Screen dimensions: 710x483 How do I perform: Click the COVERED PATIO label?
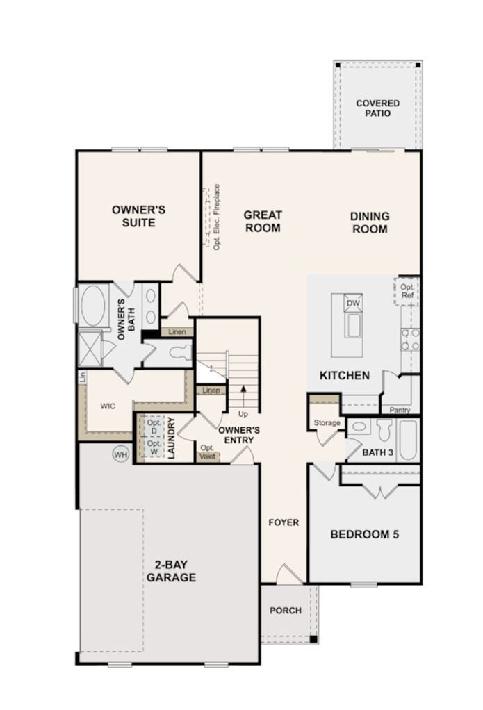pos(377,108)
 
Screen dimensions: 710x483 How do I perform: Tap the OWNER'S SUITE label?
pos(138,216)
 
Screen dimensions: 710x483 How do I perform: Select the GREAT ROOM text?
pos(262,222)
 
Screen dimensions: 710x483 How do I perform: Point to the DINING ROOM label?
pos(370,222)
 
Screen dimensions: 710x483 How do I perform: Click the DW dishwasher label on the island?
pos(353,304)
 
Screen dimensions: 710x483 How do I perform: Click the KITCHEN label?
pos(344,375)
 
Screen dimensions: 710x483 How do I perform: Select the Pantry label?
pos(400,411)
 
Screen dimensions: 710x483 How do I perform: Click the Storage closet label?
pos(327,422)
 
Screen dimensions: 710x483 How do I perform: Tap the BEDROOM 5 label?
pos(364,534)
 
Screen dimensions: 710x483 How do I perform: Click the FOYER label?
pos(284,522)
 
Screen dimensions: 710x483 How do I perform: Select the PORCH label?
pos(286,611)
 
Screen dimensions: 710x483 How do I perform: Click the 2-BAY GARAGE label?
pos(170,571)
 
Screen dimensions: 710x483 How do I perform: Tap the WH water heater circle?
pos(121,454)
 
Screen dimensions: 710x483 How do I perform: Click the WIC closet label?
pos(107,405)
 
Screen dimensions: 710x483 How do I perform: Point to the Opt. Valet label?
pos(207,452)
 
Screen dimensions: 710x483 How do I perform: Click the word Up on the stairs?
pos(243,414)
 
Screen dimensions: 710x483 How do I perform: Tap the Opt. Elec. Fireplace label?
pos(216,217)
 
